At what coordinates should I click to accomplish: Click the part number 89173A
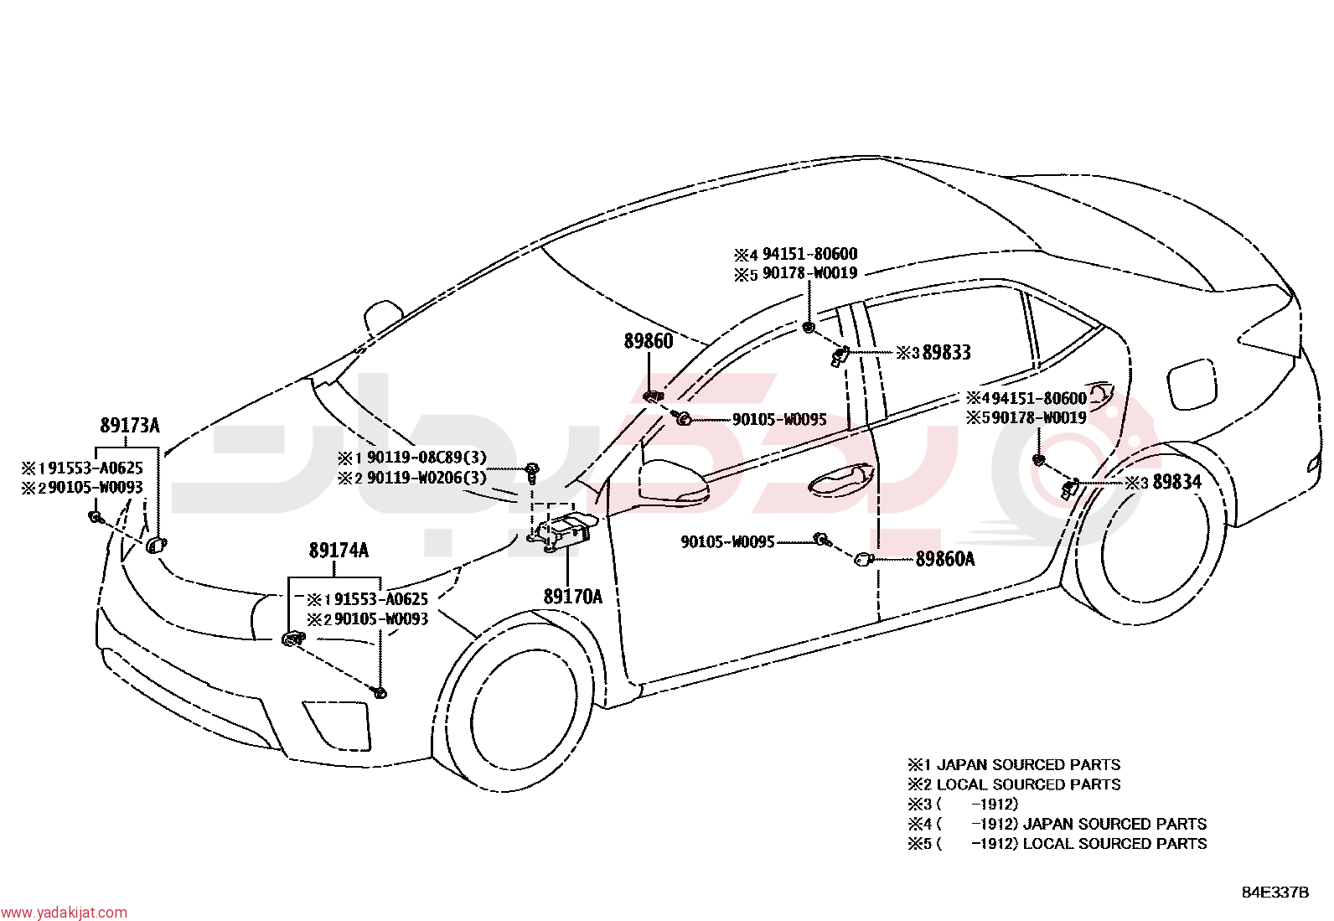click(130, 426)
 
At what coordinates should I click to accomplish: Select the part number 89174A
click(339, 551)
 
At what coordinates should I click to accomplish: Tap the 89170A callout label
click(573, 597)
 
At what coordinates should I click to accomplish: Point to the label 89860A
click(945, 560)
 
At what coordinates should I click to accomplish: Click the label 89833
click(946, 353)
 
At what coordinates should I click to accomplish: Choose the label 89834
click(1176, 482)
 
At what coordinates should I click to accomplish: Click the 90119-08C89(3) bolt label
click(427, 458)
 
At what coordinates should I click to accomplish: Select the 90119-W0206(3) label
click(427, 478)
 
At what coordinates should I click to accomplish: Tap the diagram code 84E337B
click(1275, 892)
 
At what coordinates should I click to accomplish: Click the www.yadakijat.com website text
click(64, 912)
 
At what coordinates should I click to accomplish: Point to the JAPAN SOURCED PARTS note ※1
click(1014, 765)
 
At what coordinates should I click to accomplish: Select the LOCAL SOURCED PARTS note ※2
click(1014, 784)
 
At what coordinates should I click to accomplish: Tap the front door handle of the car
click(841, 479)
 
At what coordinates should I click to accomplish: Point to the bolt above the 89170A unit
click(532, 472)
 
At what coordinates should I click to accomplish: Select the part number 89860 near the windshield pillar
click(649, 341)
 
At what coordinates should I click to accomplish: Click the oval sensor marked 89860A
click(864, 559)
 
